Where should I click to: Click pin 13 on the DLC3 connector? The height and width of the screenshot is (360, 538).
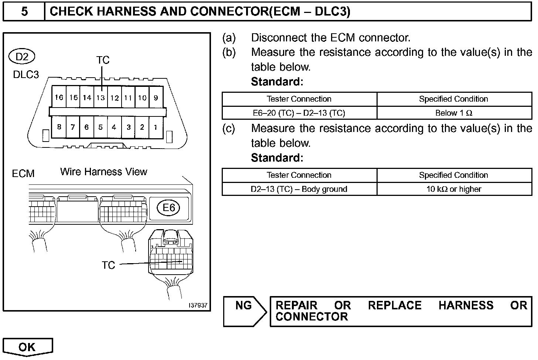pos(101,98)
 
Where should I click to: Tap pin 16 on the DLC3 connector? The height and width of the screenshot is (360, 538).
pos(59,97)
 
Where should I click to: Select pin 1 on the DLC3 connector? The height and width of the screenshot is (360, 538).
pos(156,127)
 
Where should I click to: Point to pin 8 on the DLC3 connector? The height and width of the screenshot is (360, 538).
pos(59,127)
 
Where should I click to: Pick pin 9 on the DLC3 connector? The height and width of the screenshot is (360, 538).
pos(156,98)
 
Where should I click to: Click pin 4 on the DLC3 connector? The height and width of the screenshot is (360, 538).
pos(114,127)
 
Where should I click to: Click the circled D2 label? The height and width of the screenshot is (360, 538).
pos(22,57)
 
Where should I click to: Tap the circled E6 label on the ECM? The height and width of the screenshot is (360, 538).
pos(168,208)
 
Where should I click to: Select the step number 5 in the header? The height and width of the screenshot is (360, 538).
pos(24,11)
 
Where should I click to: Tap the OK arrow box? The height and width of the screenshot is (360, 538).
pos(28,347)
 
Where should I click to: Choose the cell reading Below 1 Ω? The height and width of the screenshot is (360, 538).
pos(454,113)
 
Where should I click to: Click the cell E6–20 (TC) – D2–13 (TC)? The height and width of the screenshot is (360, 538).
pos(299,113)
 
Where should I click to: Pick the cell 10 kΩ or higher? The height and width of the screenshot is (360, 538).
pos(454,189)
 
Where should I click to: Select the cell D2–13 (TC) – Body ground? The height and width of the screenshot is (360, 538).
pos(299,189)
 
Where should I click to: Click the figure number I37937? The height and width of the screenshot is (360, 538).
pos(198,306)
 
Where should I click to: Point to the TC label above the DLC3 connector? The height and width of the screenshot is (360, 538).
pos(103,60)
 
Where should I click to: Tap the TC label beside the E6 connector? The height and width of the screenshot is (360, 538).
pos(108,265)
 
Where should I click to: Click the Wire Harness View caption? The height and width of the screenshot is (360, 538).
pos(103,172)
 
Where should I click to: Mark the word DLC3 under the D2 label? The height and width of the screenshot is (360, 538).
pos(26,75)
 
